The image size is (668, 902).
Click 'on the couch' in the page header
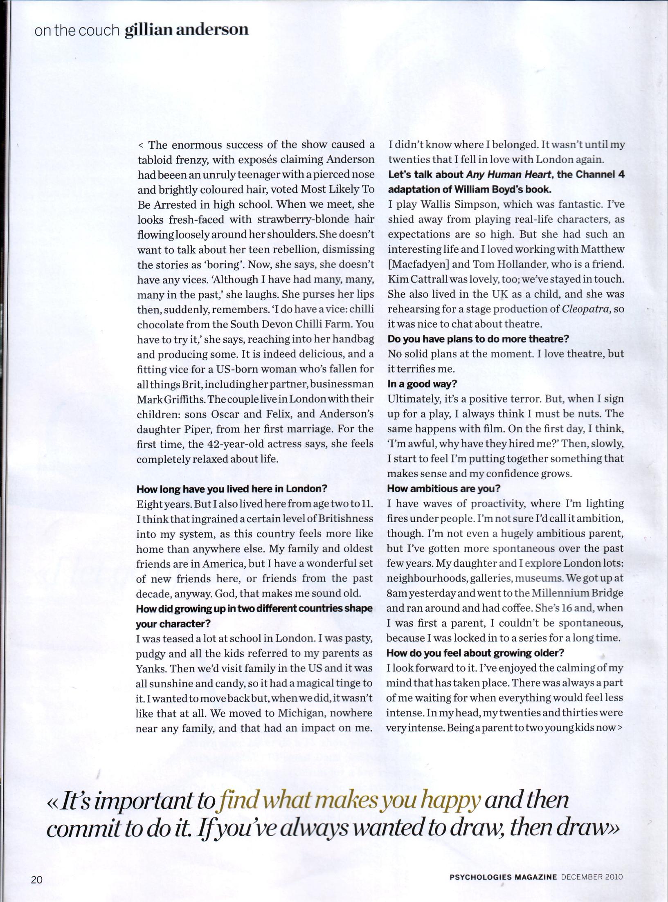tap(76, 31)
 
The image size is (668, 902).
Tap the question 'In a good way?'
tap(422, 384)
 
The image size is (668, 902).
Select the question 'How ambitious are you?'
tap(444, 489)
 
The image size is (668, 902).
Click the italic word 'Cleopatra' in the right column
tap(587, 309)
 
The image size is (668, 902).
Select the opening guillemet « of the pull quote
tap(53, 790)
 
